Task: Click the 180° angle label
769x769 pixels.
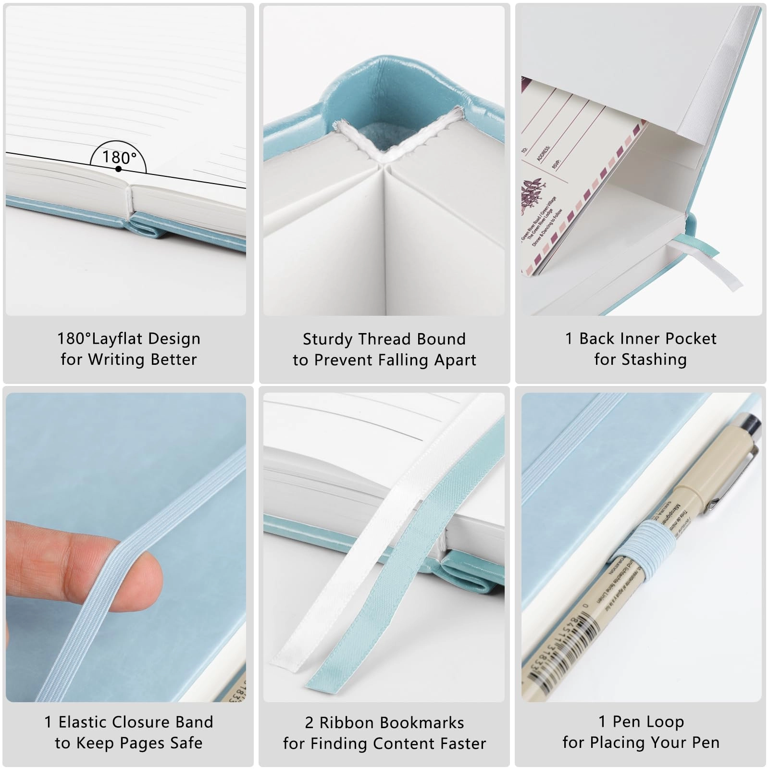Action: point(119,157)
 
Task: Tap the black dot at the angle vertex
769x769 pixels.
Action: point(118,169)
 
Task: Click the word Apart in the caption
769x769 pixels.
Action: point(454,360)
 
